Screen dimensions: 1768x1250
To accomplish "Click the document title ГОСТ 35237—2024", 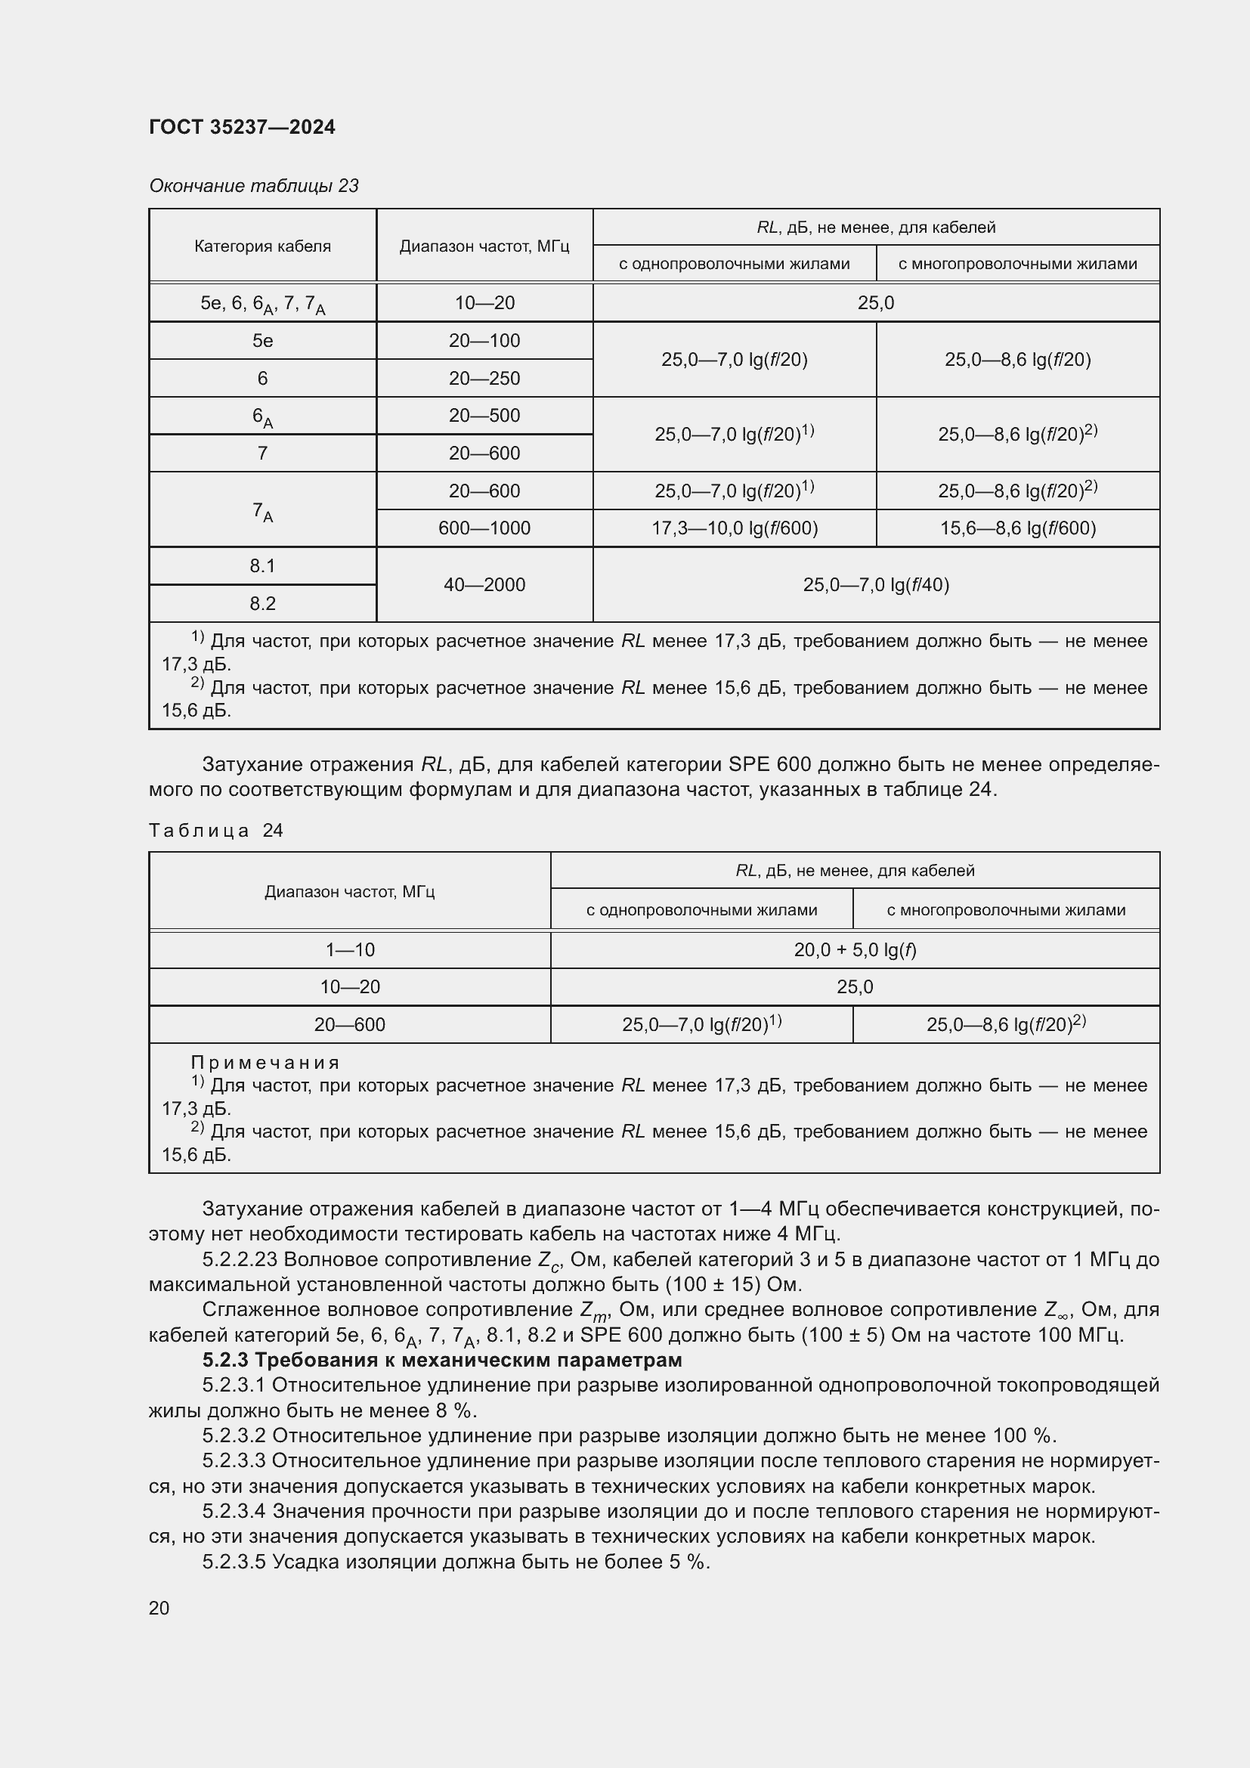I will tap(242, 127).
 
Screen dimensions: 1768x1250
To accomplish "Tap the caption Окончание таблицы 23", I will tap(253, 186).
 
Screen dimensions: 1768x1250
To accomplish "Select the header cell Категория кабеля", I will tap(262, 246).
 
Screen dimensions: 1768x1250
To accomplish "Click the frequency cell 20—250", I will tap(484, 378).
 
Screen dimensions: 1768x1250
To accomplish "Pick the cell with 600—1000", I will tap(484, 528).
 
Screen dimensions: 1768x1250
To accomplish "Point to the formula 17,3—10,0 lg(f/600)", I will tap(735, 528).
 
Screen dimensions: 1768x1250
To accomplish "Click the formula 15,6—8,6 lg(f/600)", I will tap(1017, 528).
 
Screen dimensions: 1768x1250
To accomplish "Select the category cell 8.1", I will tap(262, 566).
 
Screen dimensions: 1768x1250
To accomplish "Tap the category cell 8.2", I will tap(262, 603).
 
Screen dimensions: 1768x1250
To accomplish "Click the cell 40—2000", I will tap(484, 584).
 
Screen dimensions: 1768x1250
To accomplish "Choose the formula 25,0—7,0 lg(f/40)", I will tap(876, 584).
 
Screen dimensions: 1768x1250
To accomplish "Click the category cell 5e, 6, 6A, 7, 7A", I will tap(262, 303).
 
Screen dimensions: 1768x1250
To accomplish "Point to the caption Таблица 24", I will tap(215, 830).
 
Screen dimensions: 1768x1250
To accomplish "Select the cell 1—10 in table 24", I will tap(349, 949).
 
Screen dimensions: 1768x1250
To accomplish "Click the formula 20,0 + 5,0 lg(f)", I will tap(855, 949).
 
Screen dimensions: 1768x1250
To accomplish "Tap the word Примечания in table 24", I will tap(265, 1062).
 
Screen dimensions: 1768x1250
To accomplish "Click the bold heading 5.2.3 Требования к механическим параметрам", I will tap(442, 1359).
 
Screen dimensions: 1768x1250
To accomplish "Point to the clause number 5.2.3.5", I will tap(234, 1561).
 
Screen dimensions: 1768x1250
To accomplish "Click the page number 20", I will tap(159, 1608).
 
